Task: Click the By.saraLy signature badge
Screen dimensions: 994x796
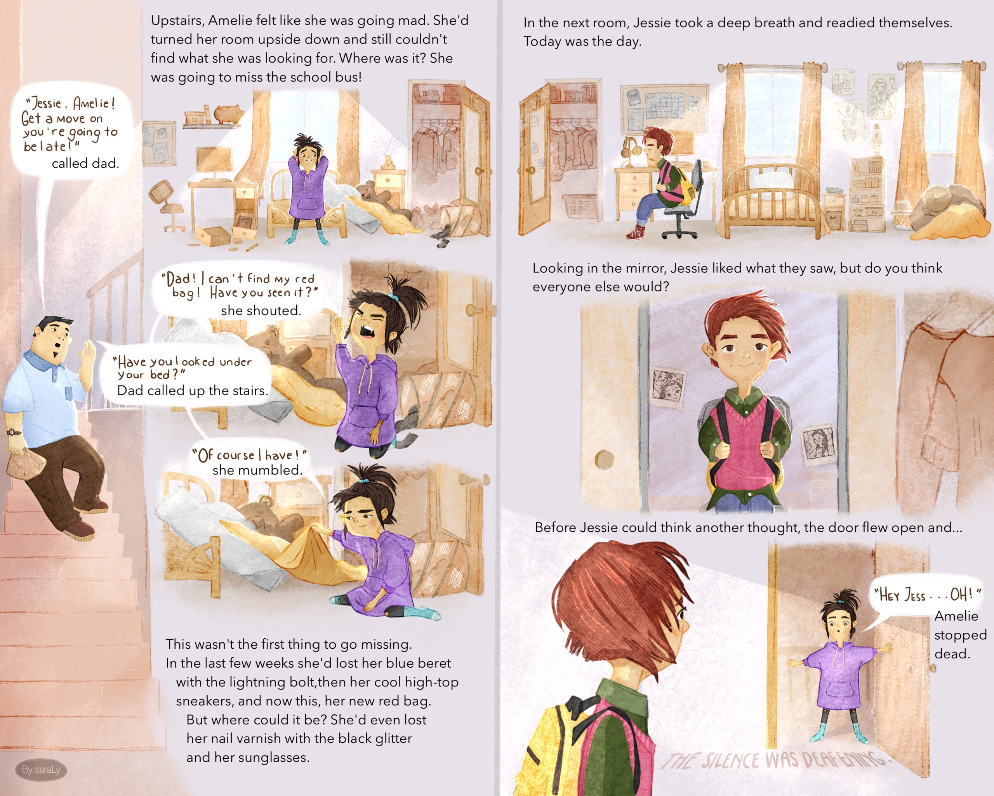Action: [41, 769]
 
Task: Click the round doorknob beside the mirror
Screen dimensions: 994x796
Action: [604, 459]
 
